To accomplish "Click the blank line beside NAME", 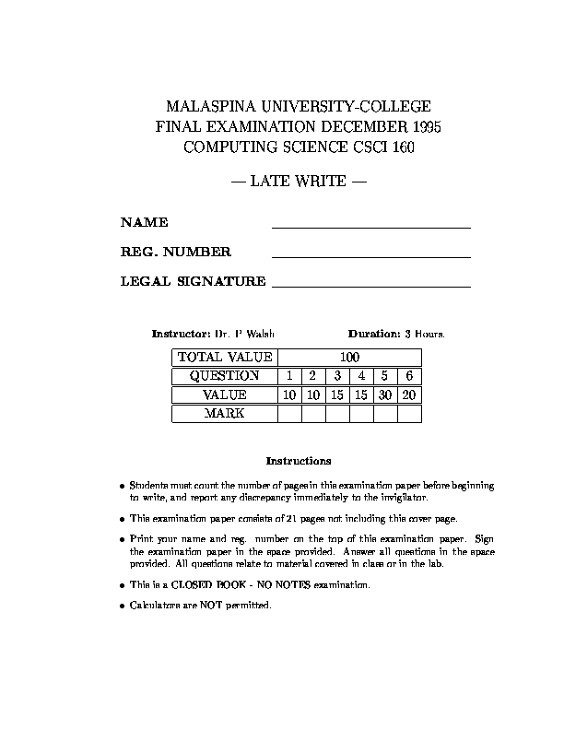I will tap(370, 225).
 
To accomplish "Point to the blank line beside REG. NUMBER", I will tap(370, 255).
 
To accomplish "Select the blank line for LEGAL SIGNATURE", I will tap(370, 286).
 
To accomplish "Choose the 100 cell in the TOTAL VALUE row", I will tap(349, 358).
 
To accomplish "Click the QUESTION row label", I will tap(224, 376).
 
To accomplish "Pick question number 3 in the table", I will tap(337, 376).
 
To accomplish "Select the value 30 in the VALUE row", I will tap(385, 394).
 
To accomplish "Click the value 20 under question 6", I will tap(409, 394).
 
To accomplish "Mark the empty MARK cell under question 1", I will tap(289, 414).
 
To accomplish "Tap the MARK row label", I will tap(224, 414).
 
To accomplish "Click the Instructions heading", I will tap(298, 461).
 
